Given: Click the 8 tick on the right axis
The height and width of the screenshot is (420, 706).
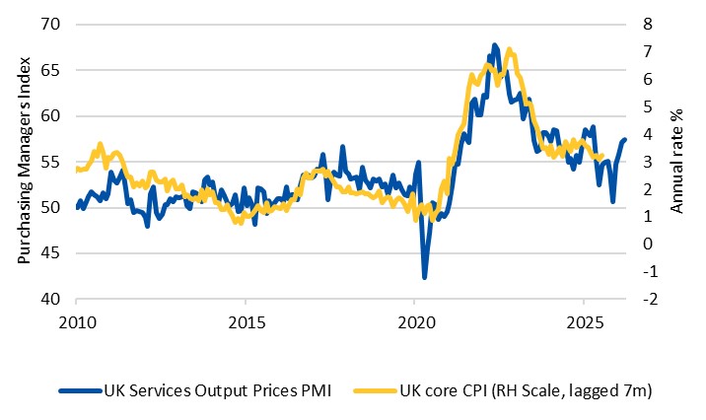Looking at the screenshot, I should [x=648, y=24].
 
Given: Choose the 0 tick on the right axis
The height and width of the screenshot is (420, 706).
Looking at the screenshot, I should [x=648, y=244].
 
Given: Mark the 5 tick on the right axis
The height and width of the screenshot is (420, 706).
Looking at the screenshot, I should [x=648, y=106].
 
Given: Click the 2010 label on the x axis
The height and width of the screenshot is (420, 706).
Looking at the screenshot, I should [x=78, y=321].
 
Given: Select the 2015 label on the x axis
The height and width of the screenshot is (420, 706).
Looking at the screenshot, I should [x=247, y=321].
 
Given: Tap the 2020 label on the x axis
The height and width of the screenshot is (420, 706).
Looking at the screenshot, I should [x=415, y=321].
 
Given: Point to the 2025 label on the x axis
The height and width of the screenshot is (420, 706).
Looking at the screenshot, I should [x=584, y=321].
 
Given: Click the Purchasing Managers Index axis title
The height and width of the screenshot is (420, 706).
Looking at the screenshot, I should [x=24, y=161].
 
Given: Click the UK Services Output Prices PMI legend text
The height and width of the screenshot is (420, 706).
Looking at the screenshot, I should [x=213, y=391].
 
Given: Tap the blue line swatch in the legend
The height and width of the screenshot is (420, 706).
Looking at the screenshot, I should [x=81, y=391].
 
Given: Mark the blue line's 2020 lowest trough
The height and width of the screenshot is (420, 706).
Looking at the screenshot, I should [x=425, y=277].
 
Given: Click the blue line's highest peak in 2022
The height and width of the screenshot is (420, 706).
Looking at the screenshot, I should [x=494, y=45].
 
